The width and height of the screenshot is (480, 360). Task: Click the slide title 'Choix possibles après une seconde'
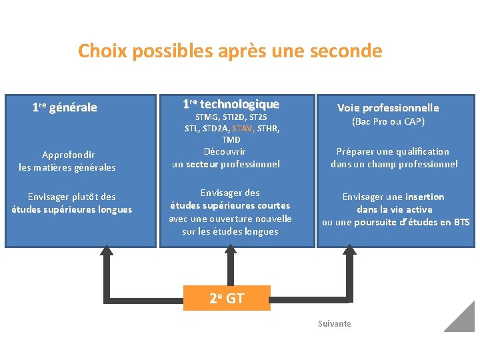[230, 51]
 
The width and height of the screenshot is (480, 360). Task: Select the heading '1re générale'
[65, 107]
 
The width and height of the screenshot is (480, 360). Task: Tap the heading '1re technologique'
[231, 104]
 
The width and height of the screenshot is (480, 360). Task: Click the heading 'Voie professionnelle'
[388, 107]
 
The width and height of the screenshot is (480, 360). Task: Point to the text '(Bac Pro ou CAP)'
[388, 121]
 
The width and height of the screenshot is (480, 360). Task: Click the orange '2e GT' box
[227, 298]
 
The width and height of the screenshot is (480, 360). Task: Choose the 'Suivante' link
[334, 323]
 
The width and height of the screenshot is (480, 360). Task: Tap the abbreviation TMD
[231, 139]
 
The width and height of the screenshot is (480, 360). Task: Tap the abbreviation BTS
[461, 222]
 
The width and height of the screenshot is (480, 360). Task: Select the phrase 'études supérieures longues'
[72, 209]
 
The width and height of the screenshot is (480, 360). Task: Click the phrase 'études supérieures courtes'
[230, 205]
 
